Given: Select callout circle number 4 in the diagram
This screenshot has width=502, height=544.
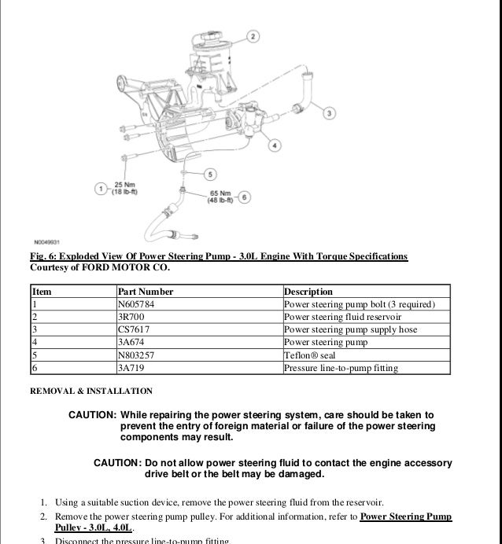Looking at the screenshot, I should pyautogui.click(x=272, y=145).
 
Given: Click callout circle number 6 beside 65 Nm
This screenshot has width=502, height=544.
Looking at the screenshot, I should pyautogui.click(x=243, y=197).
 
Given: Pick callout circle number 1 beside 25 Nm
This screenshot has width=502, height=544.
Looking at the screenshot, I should pyautogui.click(x=101, y=188).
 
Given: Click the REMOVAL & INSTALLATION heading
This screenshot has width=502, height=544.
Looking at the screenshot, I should pyautogui.click(x=91, y=391).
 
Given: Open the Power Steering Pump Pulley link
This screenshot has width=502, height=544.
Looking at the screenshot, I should pyautogui.click(x=405, y=516).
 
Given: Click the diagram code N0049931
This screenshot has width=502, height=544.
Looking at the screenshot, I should pyautogui.click(x=48, y=241).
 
